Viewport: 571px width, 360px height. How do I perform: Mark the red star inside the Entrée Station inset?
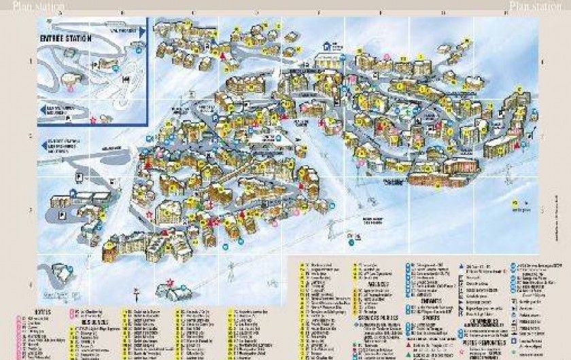click(93, 120)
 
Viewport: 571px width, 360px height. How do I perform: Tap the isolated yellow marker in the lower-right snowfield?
click(515, 203)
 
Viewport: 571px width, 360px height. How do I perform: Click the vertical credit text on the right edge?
click(566, 224)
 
